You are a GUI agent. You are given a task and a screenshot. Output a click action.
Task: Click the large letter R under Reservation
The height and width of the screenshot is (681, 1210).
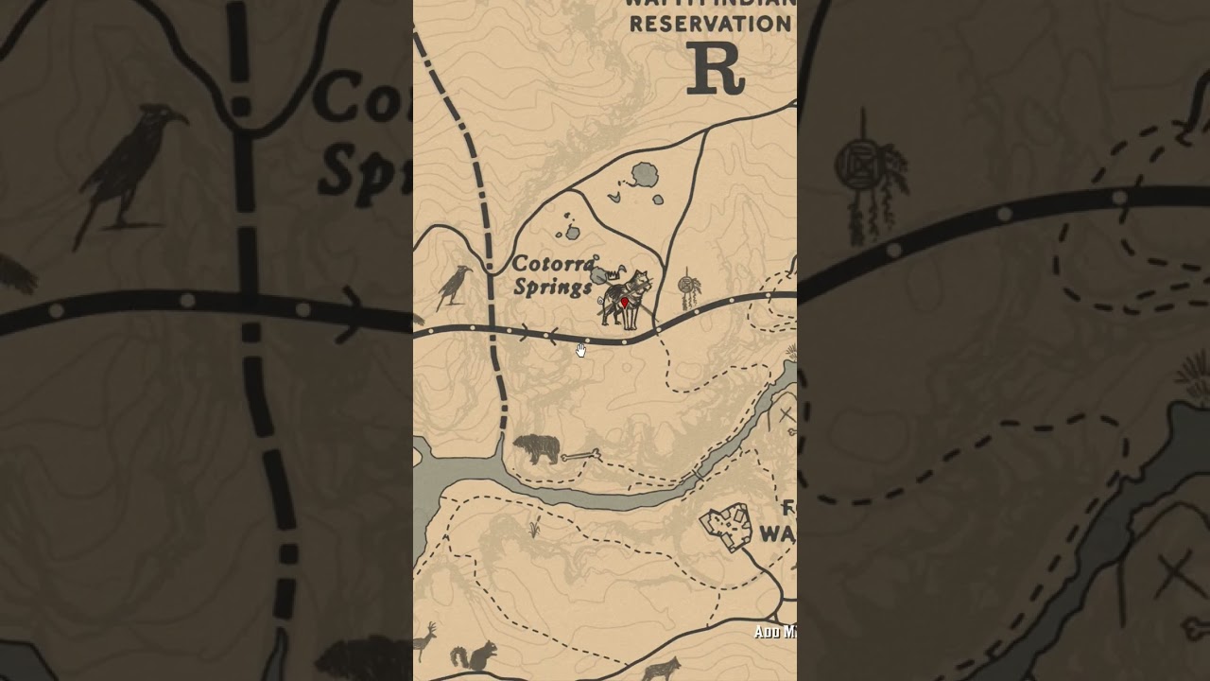[x=716, y=68]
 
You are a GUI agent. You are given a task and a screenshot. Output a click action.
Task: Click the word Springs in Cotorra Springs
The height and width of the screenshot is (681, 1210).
[x=552, y=287]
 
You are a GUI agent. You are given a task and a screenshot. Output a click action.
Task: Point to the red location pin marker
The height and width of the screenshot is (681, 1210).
[x=624, y=303]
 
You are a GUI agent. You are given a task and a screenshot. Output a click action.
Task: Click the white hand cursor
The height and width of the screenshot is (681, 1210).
[x=580, y=350]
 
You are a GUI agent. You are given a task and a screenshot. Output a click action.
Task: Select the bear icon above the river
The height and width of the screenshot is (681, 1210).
[x=536, y=449]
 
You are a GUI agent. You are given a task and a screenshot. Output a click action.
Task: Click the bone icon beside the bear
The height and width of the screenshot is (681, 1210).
[x=579, y=456]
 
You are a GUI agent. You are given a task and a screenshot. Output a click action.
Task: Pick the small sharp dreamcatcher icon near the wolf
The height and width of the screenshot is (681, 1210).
[x=689, y=289]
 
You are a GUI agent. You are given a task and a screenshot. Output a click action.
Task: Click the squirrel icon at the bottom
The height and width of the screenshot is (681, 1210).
[x=475, y=655]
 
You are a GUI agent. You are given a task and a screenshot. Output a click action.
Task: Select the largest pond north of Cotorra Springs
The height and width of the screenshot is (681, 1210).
[x=646, y=174]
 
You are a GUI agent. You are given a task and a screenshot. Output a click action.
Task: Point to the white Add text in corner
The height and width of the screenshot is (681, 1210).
[x=773, y=632]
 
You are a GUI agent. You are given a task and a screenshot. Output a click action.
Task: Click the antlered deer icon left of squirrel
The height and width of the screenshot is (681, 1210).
[x=427, y=641]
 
